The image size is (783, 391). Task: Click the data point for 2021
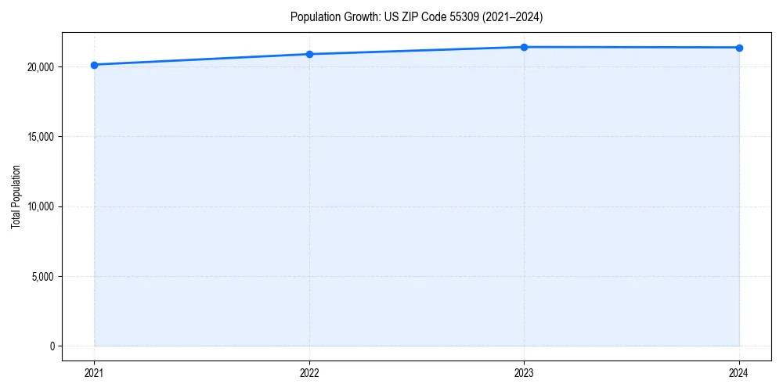tap(94, 65)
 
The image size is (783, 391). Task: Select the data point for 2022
tap(309, 54)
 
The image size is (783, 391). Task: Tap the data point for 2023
tap(524, 47)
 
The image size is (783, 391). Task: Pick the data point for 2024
tap(739, 48)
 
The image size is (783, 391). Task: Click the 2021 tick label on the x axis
tap(94, 372)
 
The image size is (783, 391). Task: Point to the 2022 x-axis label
tap(309, 372)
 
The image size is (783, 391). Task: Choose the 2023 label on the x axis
tap(524, 372)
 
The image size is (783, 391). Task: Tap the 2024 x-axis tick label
tap(739, 372)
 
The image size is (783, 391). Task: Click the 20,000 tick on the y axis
tap(40, 67)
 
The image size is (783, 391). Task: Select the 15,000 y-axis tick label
tap(40, 137)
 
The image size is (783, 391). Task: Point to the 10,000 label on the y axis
tap(40, 206)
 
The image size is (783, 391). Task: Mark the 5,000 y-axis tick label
tap(42, 276)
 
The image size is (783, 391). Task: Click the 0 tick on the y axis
tap(52, 346)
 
